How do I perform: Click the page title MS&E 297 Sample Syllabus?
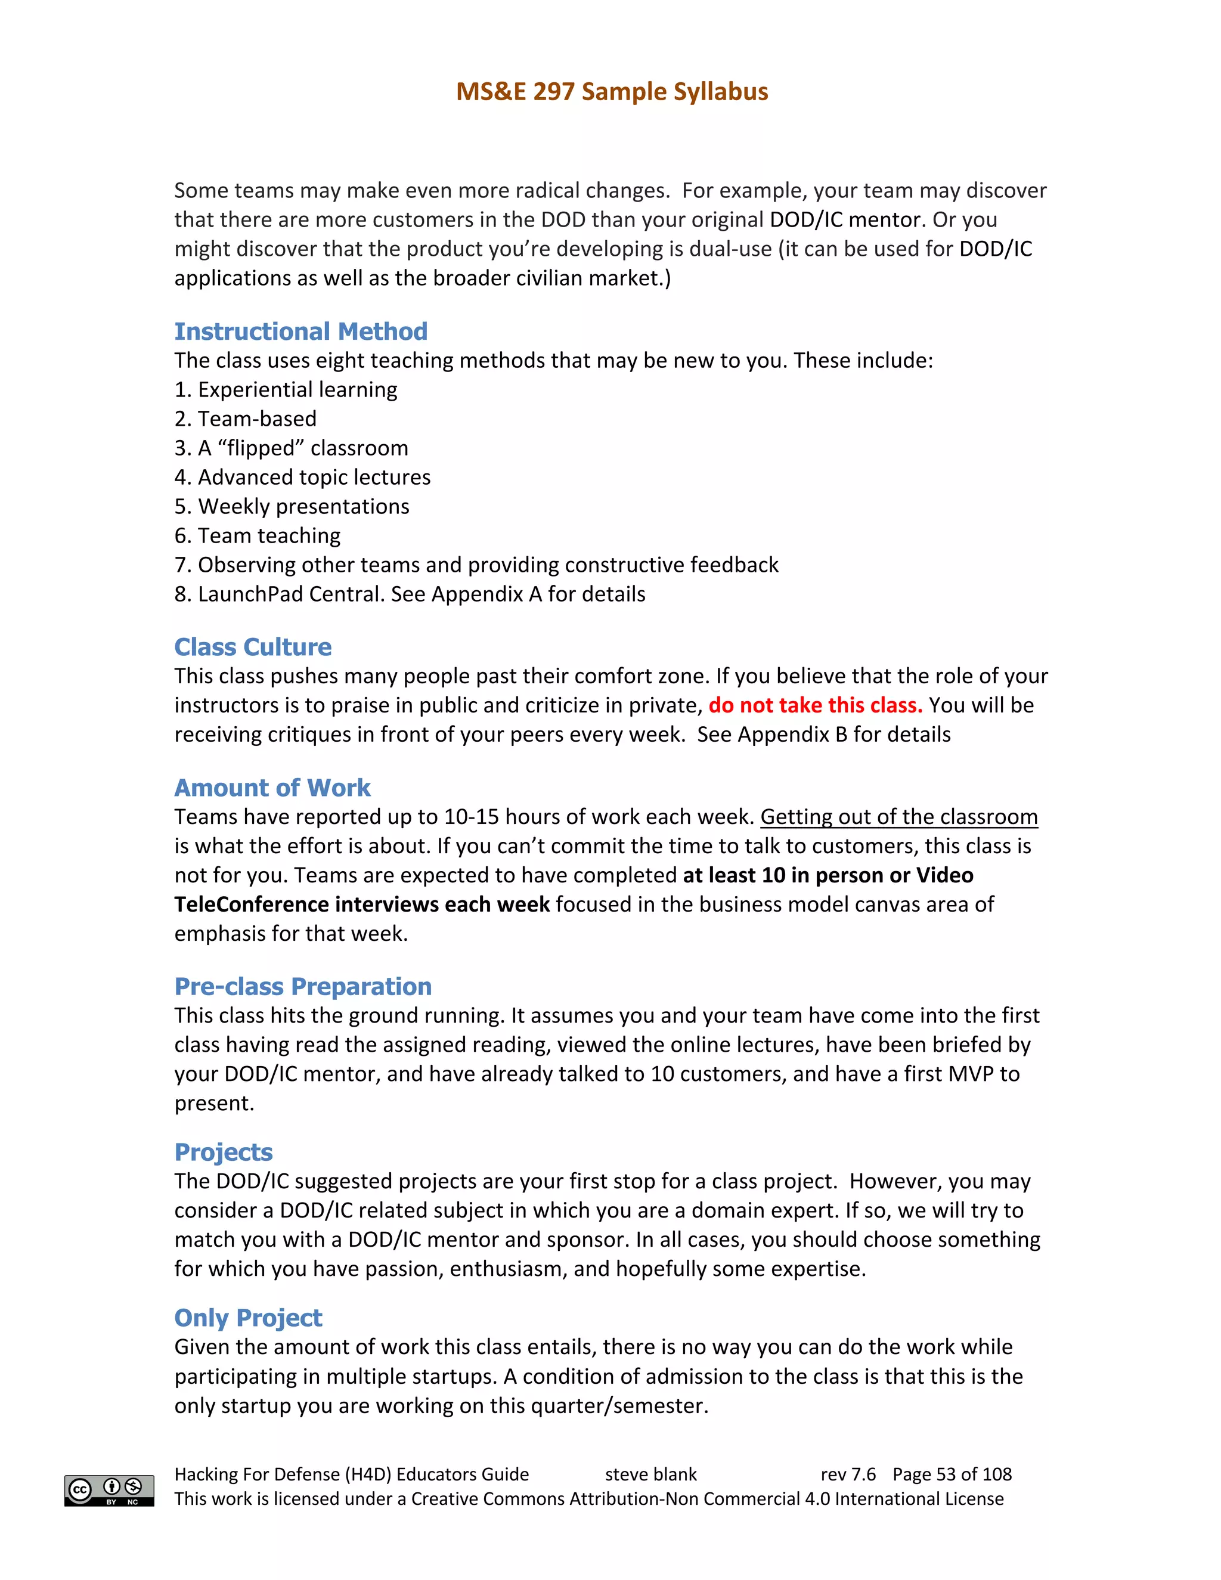coord(611,92)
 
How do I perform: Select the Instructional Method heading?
coord(301,332)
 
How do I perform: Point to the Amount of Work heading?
coord(272,787)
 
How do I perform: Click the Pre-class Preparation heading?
coord(302,986)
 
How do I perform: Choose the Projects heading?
coord(224,1152)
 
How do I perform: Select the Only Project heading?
coord(248,1318)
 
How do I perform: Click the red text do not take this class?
coord(815,705)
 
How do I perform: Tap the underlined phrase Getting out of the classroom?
coord(898,817)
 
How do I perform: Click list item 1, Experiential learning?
coord(286,390)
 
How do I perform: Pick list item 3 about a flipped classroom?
coord(292,448)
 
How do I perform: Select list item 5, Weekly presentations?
coord(292,506)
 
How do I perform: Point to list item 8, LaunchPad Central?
coord(410,594)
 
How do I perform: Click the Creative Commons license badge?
coord(109,1491)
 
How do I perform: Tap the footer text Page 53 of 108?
coord(952,1474)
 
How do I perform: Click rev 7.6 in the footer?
coord(848,1474)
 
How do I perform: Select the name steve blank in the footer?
coord(650,1474)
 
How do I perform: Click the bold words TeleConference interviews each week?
coord(362,904)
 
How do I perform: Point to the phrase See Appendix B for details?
coord(823,735)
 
